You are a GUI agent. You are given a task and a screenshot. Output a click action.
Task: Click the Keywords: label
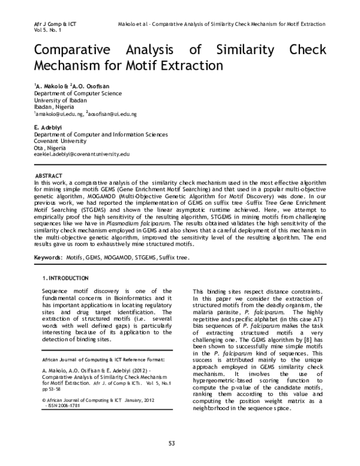48,257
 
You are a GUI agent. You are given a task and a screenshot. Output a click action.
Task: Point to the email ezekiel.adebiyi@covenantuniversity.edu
82,154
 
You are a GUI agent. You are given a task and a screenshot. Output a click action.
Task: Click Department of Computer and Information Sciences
95,135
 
